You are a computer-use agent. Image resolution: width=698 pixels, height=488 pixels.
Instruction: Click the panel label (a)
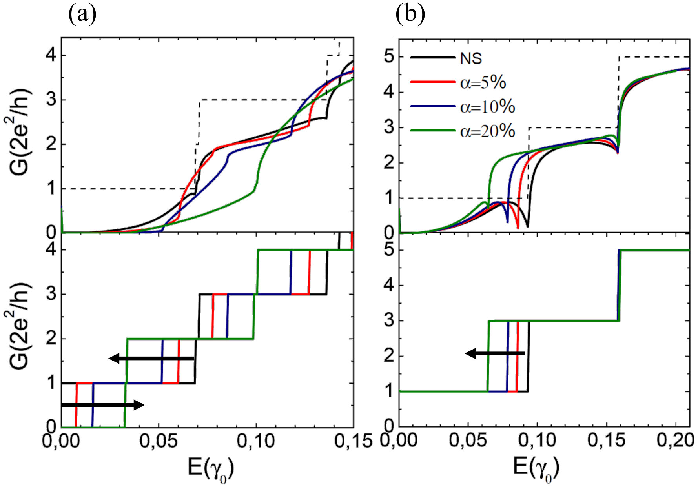point(82,15)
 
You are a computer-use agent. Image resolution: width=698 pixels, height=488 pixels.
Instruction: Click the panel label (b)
point(410,15)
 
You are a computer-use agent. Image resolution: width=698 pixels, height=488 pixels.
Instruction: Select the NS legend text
point(471,58)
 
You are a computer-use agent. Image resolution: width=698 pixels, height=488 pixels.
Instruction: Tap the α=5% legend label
point(483,83)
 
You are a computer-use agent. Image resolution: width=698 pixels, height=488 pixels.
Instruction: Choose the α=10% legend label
point(487,107)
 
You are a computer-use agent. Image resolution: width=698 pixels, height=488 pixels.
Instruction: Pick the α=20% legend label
point(487,131)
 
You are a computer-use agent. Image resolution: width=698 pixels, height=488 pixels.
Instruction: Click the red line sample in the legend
point(433,82)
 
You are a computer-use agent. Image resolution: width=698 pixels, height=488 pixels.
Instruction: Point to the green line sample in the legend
point(433,130)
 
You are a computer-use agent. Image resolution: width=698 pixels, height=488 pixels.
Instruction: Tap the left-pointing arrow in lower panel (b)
point(495,353)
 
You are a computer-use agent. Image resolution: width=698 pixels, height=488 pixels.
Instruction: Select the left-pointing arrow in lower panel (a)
point(151,358)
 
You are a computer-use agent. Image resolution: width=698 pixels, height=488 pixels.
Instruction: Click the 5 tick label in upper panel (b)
point(389,57)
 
